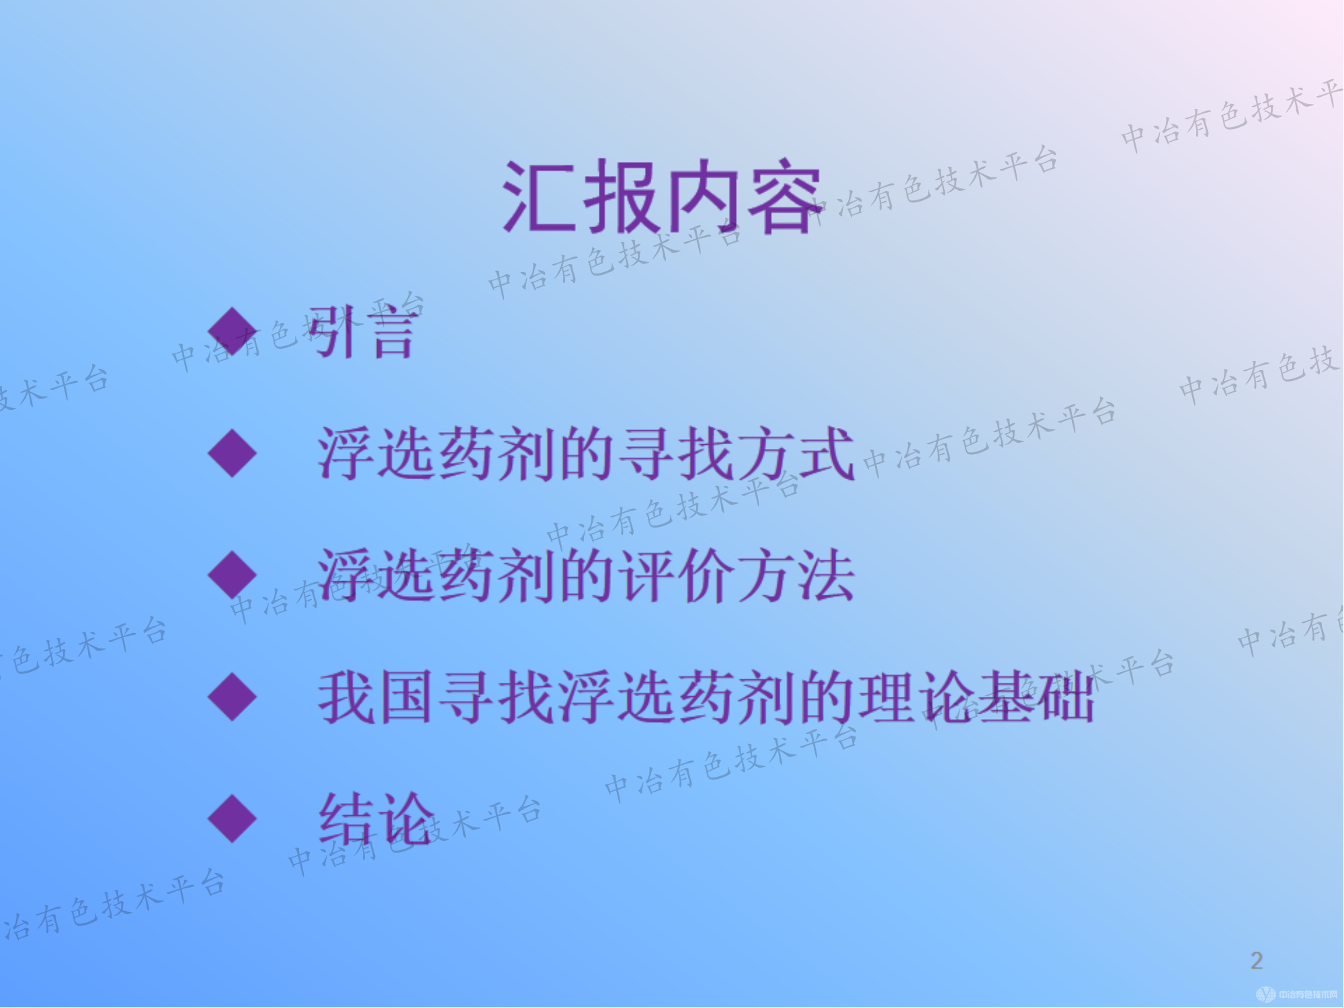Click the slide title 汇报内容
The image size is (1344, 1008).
tap(662, 197)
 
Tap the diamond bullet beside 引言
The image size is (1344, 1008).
tap(233, 331)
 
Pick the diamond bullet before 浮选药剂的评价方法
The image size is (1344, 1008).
tap(233, 575)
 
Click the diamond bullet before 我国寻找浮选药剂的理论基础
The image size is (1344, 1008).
tap(233, 697)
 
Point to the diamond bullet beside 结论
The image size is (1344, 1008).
tap(233, 818)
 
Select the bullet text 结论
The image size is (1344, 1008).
tap(376, 818)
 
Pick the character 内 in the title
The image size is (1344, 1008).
tap(702, 197)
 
